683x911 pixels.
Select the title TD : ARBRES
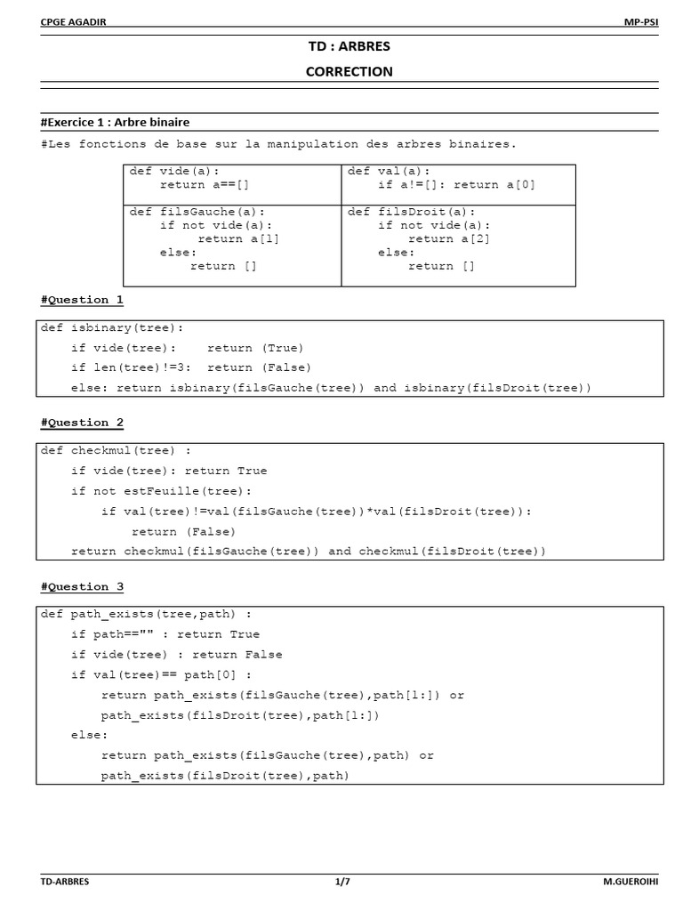pos(349,45)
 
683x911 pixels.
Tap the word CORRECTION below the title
pos(349,71)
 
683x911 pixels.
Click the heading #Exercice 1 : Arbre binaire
pos(115,122)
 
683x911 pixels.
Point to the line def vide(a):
pos(174,171)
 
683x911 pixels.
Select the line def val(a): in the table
pos(389,171)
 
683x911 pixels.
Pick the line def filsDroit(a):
pos(412,212)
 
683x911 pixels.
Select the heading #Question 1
pos(82,300)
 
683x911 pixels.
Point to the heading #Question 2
pos(82,423)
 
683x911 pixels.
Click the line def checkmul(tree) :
pos(116,450)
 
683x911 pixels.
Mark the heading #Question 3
pos(82,586)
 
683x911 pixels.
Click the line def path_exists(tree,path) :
pos(146,614)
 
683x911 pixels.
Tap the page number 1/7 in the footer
pos(342,882)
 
